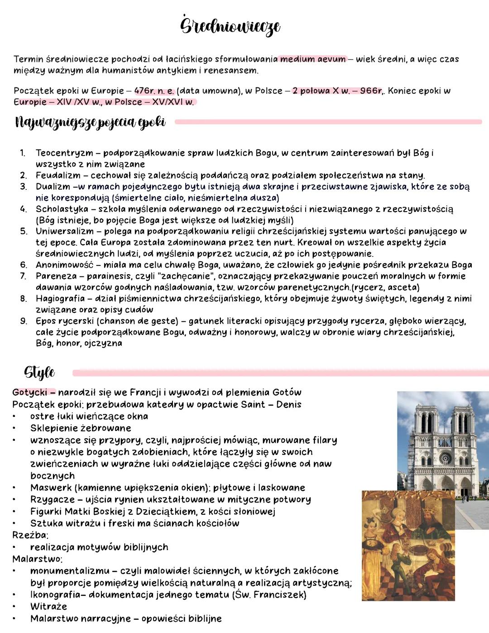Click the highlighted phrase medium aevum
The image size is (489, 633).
(x=312, y=59)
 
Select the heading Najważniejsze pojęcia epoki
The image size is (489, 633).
(x=90, y=122)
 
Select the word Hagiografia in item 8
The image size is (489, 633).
(x=60, y=299)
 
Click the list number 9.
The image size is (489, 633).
(x=23, y=321)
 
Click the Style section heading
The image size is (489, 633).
(x=39, y=372)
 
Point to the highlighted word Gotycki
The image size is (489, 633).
(x=30, y=392)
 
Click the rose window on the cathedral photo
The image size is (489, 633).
(x=445, y=458)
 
